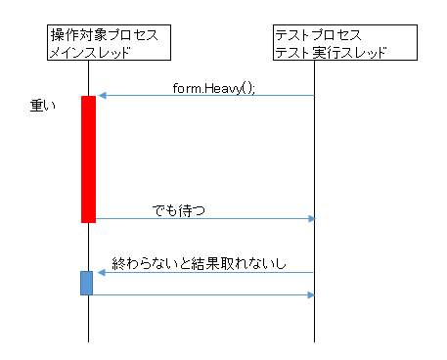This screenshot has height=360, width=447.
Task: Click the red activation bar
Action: pyautogui.click(x=88, y=158)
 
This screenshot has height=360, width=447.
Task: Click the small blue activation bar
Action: pyautogui.click(x=87, y=283)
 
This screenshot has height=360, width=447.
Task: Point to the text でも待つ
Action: pyautogui.click(x=179, y=209)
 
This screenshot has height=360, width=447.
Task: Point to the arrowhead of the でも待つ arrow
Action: pyautogui.click(x=311, y=218)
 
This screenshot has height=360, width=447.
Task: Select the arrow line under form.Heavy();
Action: pyautogui.click(x=205, y=96)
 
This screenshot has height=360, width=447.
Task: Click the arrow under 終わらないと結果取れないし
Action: pyautogui.click(x=205, y=273)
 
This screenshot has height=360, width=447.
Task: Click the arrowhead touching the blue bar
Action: pyautogui.click(x=99, y=273)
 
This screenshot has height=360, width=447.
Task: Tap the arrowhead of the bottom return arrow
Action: pyautogui.click(x=311, y=293)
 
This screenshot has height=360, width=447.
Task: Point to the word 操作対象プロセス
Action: pyautogui.click(x=104, y=35)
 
